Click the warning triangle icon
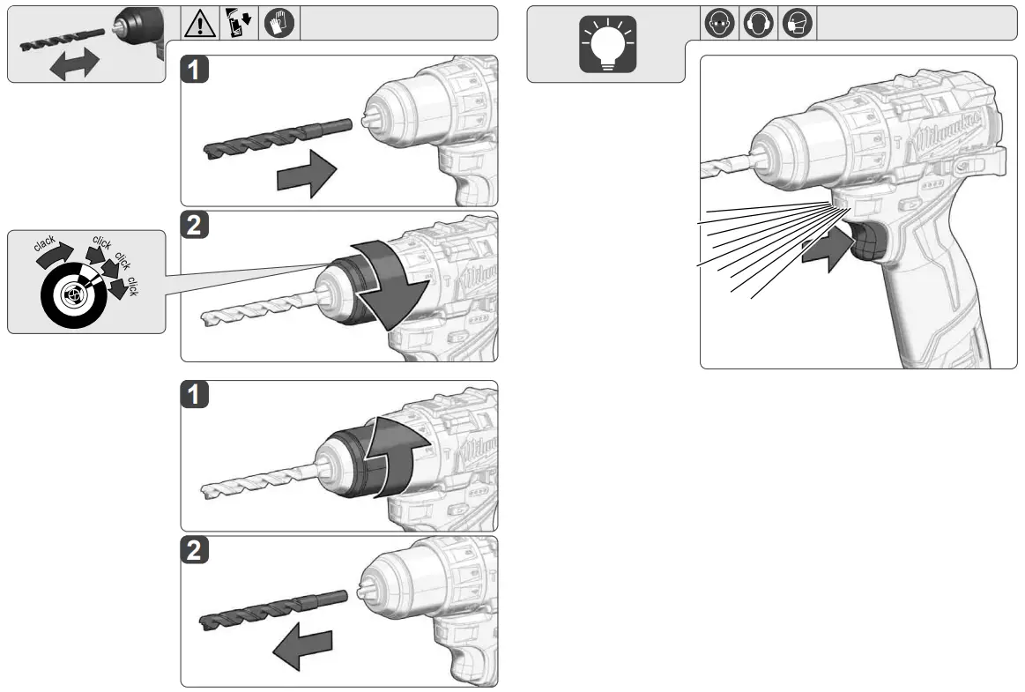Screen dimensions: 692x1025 point(199,24)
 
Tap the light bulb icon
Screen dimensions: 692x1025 point(606,45)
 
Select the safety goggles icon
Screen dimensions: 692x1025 point(719,24)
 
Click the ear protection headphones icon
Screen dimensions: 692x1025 point(758,24)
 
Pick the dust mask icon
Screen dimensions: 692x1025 point(797,24)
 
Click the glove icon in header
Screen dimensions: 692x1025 point(280,24)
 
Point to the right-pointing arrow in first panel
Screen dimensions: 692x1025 point(307,175)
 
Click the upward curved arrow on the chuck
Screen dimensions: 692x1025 point(402,450)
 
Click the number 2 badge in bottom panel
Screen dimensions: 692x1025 point(196,553)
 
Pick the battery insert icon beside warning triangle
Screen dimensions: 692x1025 point(240,24)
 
